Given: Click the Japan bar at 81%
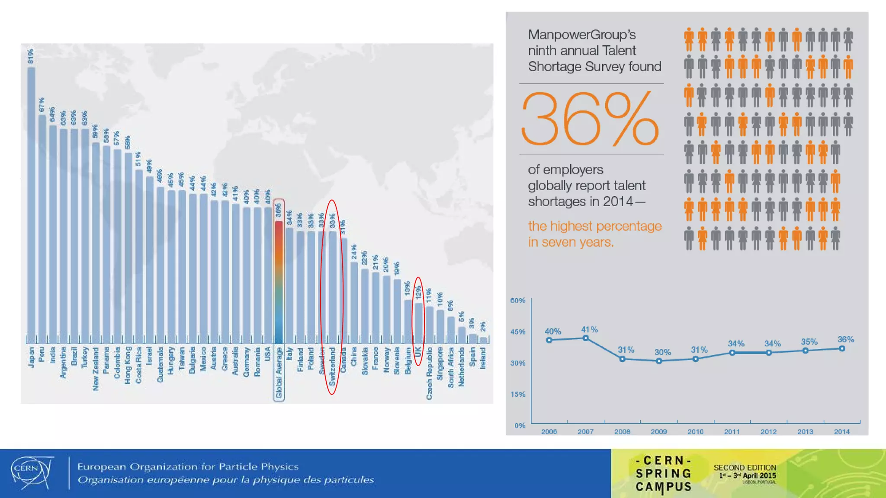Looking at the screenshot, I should (31, 203).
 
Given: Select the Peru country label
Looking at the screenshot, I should (42, 354).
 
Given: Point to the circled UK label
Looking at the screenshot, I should (418, 352).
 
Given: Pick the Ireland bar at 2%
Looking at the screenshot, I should (483, 340).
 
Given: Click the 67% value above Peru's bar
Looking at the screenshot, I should (42, 105).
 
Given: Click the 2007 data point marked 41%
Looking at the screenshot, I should (586, 338).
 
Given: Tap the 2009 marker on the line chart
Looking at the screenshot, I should (659, 361).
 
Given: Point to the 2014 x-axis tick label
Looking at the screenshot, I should (841, 431).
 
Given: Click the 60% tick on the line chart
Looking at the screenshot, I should (518, 300).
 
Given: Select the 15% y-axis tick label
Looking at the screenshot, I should (518, 394).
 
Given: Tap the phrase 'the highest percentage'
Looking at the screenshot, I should (595, 226).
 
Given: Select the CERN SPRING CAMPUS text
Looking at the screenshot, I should (663, 474).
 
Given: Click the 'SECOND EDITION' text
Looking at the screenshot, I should (745, 468).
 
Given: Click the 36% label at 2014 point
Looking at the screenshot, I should (845, 339).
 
